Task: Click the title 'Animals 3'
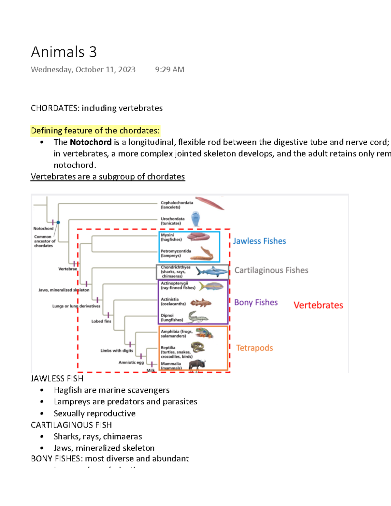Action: tap(64, 52)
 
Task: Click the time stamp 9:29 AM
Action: tap(169, 69)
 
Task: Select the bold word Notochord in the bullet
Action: tap(91, 142)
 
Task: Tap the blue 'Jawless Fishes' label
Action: tap(259, 241)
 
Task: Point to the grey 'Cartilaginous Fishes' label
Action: tap(271, 270)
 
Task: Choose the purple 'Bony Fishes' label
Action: tap(256, 302)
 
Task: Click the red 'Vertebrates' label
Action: tap(318, 305)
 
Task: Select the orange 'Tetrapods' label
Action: tap(254, 348)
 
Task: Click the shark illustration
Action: tap(211, 271)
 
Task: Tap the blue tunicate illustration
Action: tap(195, 219)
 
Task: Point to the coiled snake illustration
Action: tap(197, 347)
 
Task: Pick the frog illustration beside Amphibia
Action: tap(204, 333)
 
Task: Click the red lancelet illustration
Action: tap(210, 203)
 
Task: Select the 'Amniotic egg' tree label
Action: tap(131, 362)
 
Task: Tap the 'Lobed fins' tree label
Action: tap(101, 321)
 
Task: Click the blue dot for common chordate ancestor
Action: tap(58, 223)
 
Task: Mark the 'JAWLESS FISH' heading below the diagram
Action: tap(57, 379)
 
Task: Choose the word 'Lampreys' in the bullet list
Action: tap(67, 402)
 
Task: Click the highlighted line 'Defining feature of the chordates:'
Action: tap(95, 131)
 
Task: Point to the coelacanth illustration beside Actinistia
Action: tap(201, 303)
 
